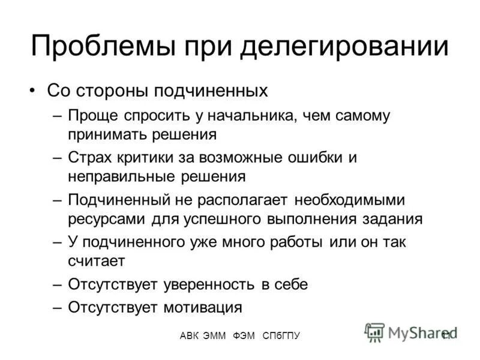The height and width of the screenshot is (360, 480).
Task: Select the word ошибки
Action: point(320,158)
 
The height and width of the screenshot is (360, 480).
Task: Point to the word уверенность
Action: point(206,285)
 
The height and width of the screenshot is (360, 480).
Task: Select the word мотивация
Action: point(202,307)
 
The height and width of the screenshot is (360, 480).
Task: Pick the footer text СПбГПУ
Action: point(281,336)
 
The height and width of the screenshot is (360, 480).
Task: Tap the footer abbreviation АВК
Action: point(191,336)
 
